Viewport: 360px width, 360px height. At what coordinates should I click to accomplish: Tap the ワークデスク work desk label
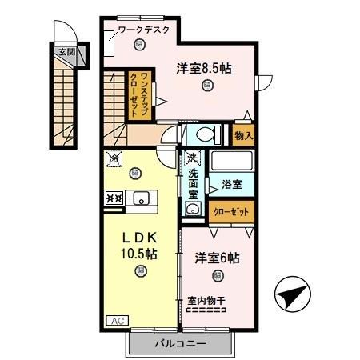143,30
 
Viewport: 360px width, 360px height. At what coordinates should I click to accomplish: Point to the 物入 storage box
242,136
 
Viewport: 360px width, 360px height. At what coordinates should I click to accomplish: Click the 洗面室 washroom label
194,183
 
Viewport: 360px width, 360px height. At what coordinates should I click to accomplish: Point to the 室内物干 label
206,301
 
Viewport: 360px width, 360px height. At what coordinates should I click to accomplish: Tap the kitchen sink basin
142,199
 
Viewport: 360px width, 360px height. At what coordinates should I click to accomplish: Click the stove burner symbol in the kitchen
113,198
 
